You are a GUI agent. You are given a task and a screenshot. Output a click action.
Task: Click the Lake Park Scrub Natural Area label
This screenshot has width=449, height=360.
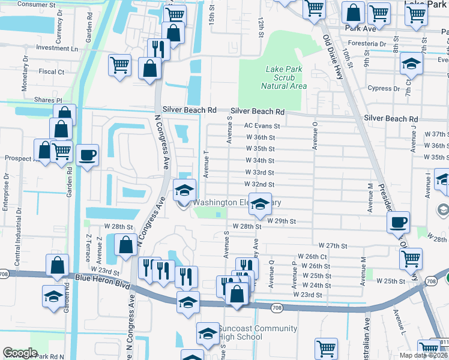coord(286,77)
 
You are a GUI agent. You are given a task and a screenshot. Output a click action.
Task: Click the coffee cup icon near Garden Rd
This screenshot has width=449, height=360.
coord(88,155)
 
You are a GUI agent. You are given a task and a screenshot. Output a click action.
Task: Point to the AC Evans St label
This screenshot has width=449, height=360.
coord(262,126)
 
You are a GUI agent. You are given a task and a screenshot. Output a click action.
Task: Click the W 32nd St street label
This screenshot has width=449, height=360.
coord(259,184)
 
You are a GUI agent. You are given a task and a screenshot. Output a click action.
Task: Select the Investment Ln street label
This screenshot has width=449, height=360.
coord(57,48)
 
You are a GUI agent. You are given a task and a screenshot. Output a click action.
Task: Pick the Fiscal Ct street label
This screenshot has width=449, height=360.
coord(52,71)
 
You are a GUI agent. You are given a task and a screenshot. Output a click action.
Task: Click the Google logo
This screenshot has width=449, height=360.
coord(20,353)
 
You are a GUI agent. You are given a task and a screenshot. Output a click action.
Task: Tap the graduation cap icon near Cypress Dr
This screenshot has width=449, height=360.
coord(411,64)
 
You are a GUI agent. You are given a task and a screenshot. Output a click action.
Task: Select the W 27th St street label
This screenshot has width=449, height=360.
coord(333,246)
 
